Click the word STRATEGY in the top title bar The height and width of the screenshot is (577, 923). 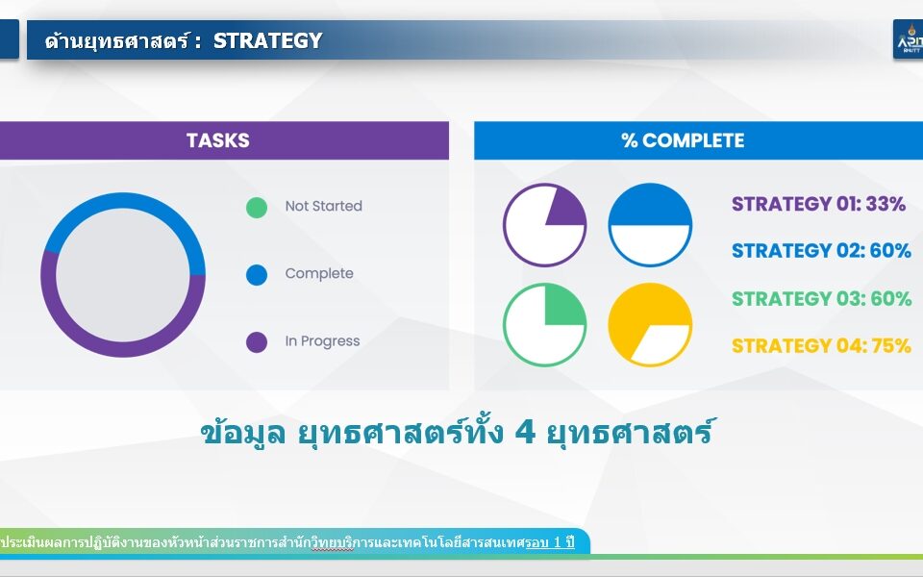[x=268, y=40]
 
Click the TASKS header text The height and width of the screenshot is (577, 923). [x=218, y=140]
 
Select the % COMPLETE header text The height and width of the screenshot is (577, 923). [x=683, y=140]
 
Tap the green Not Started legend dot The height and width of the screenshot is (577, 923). [x=257, y=208]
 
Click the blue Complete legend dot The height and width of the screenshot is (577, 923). [x=257, y=275]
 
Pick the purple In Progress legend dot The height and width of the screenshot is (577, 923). [x=257, y=342]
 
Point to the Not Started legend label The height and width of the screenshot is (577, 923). [x=324, y=206]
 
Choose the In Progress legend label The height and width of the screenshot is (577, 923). [x=323, y=341]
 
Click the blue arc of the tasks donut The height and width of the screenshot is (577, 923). [x=123, y=201]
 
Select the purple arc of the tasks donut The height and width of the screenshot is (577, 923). [x=123, y=349]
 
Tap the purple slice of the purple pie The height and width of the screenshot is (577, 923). [x=564, y=208]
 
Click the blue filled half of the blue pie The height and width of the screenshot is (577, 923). [x=650, y=205]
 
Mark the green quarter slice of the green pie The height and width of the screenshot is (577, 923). [x=563, y=307]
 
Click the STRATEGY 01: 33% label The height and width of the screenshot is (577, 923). [x=819, y=204]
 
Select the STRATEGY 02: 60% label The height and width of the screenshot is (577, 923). [x=822, y=251]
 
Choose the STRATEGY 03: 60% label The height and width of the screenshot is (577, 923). [x=822, y=298]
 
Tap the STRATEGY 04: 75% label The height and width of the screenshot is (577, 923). [x=822, y=345]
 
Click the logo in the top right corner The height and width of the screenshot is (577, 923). [x=909, y=39]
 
